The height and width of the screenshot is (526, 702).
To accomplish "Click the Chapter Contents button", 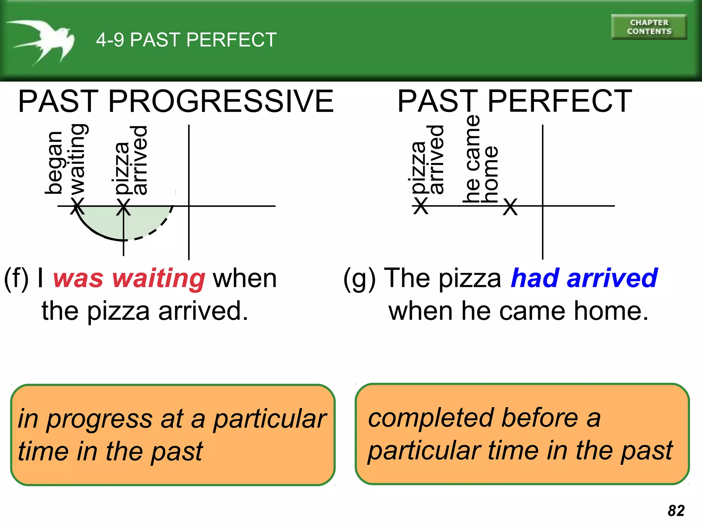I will pyautogui.click(x=649, y=27).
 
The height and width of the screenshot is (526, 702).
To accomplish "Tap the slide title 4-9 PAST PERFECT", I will pyautogui.click(x=186, y=40).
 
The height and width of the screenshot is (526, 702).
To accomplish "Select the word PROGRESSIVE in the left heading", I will pyautogui.click(x=220, y=101).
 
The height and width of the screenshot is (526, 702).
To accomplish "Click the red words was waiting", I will pyautogui.click(x=129, y=278).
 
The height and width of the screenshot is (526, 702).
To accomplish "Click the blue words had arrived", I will pyautogui.click(x=584, y=278).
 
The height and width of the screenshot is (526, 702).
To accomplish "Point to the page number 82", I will pyautogui.click(x=676, y=511).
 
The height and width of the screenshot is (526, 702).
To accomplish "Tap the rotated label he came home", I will pyautogui.click(x=480, y=159).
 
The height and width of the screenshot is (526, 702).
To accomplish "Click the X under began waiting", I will pyautogui.click(x=77, y=206).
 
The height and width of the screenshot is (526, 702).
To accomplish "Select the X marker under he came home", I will pyautogui.click(x=510, y=207).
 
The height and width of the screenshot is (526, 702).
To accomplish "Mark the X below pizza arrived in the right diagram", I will pyautogui.click(x=421, y=206).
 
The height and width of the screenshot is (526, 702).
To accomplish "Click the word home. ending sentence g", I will pyautogui.click(x=611, y=311).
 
